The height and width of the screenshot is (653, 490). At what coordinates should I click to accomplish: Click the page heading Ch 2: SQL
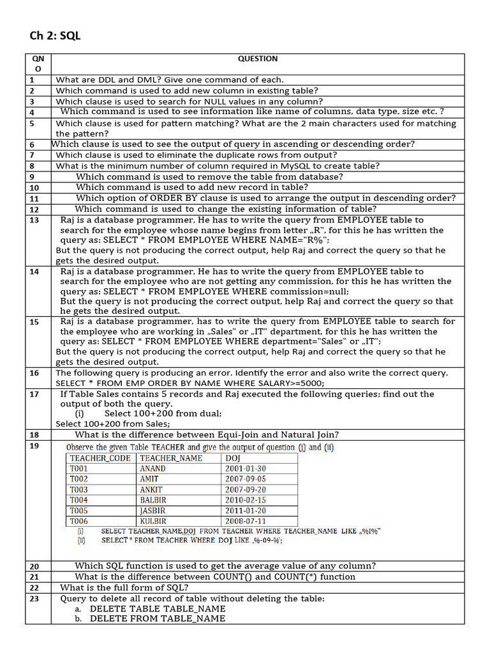coord(56,36)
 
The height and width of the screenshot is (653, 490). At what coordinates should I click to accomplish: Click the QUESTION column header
coord(258,59)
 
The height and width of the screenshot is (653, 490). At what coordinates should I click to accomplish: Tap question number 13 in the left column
coord(34,220)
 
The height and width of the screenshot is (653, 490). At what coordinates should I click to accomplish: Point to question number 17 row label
coord(34,394)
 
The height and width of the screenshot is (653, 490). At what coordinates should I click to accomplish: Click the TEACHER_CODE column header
coord(100,458)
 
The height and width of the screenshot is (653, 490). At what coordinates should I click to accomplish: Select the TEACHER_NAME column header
coord(171,458)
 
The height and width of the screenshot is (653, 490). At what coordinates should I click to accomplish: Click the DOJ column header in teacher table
coord(232,458)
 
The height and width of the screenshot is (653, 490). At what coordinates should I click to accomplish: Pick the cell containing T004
coord(79,500)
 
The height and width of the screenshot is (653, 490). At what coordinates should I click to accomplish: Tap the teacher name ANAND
coord(152,469)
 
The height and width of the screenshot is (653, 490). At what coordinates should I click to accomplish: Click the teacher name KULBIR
coord(153,521)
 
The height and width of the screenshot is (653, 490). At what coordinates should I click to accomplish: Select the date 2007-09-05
coord(246,479)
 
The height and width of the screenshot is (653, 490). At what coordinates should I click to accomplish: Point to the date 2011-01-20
coord(246,511)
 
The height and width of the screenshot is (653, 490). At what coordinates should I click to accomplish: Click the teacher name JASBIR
coord(152,511)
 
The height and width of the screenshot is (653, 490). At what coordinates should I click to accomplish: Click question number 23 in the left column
coord(34,598)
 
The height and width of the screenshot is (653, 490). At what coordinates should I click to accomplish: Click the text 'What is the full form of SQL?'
coord(124,587)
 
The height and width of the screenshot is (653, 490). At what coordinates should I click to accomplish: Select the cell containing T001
coord(79,469)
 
